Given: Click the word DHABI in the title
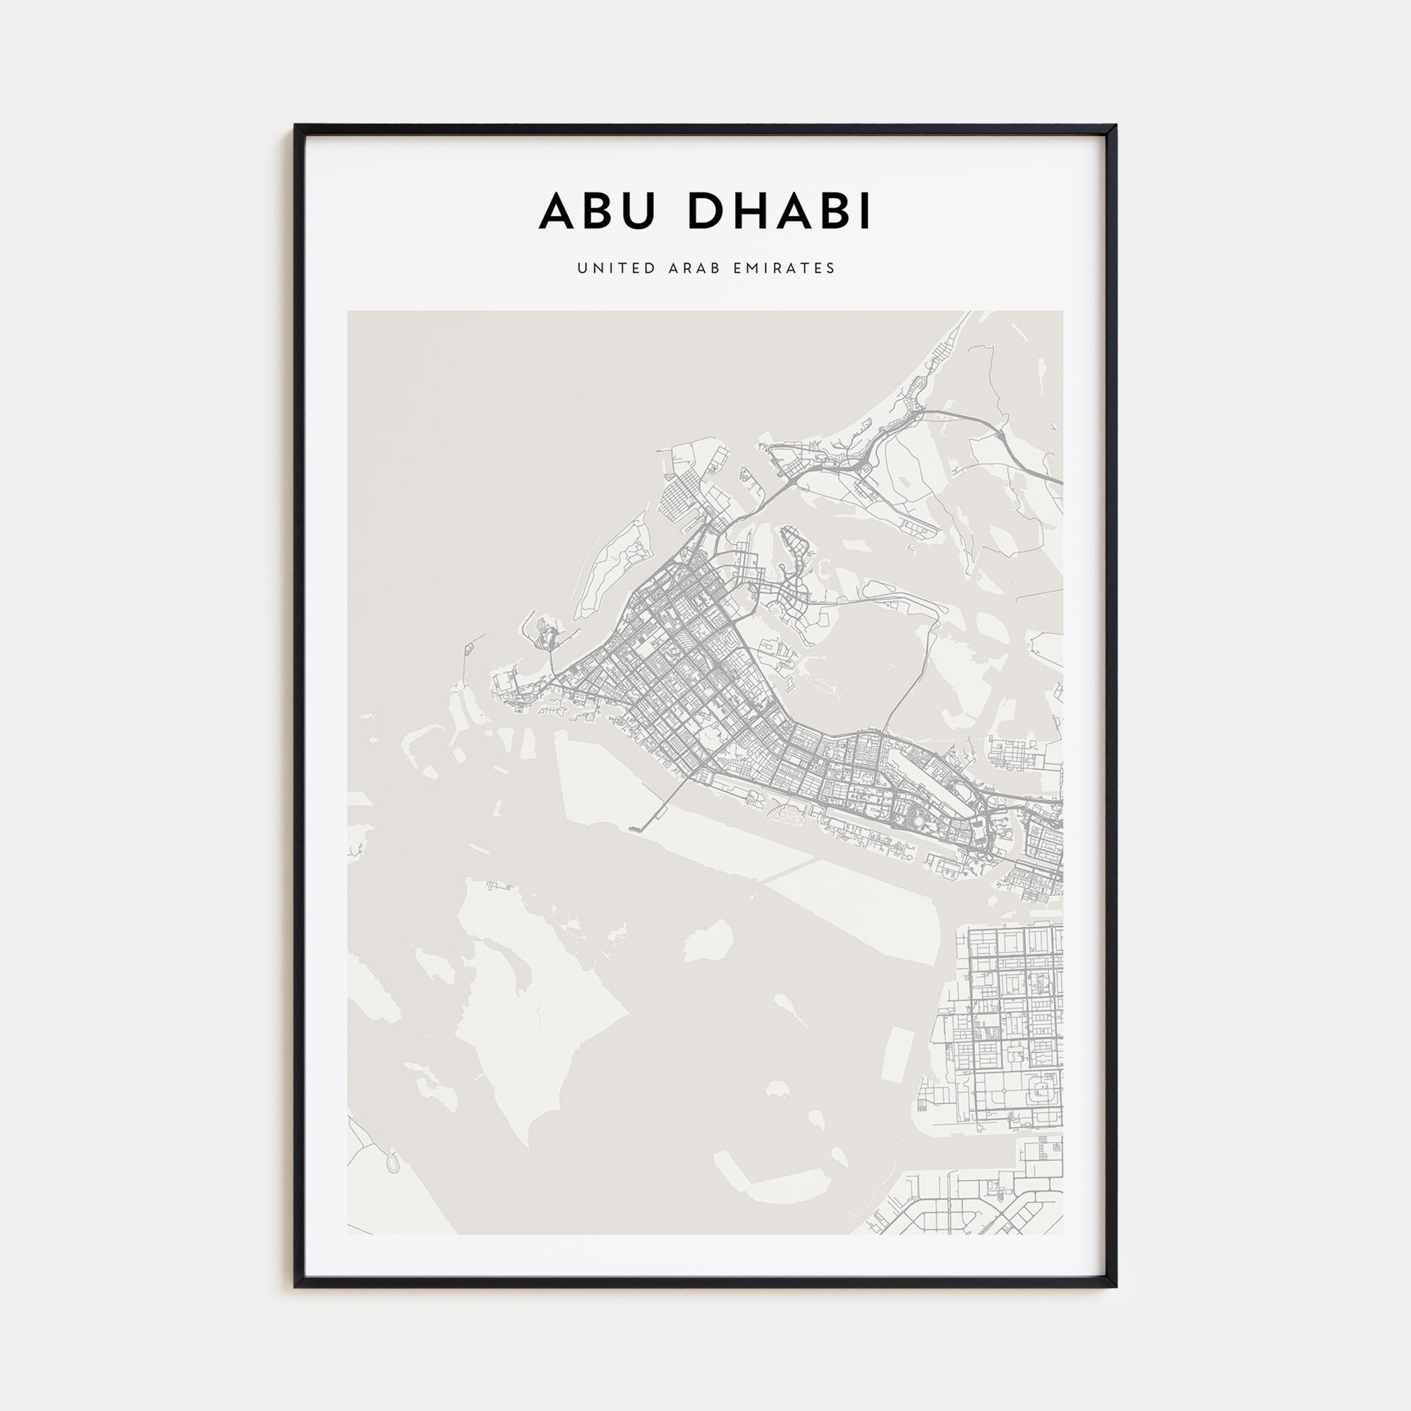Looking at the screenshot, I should (x=780, y=212).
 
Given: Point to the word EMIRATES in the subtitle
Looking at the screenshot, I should (x=787, y=268).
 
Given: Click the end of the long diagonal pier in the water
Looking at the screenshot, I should (x=632, y=829).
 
